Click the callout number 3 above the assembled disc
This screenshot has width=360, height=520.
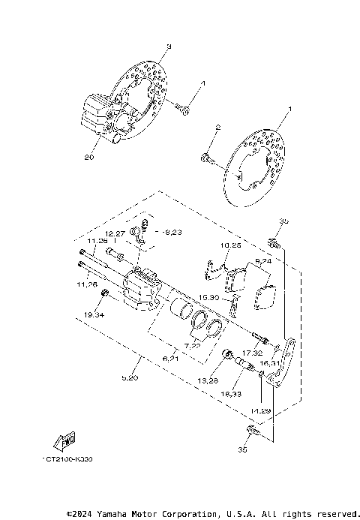coord(169,47)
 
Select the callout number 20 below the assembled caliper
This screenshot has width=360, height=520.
coord(89,158)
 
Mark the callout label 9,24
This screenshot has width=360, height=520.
coord(263,260)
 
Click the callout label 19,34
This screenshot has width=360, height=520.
coord(94,316)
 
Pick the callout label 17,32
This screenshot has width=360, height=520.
coord(253,352)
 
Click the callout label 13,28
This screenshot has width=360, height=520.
coord(207,381)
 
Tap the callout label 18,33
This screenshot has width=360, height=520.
coord(230,393)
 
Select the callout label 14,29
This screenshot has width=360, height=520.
coord(260,412)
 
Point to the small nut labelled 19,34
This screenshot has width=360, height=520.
coord(105,293)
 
